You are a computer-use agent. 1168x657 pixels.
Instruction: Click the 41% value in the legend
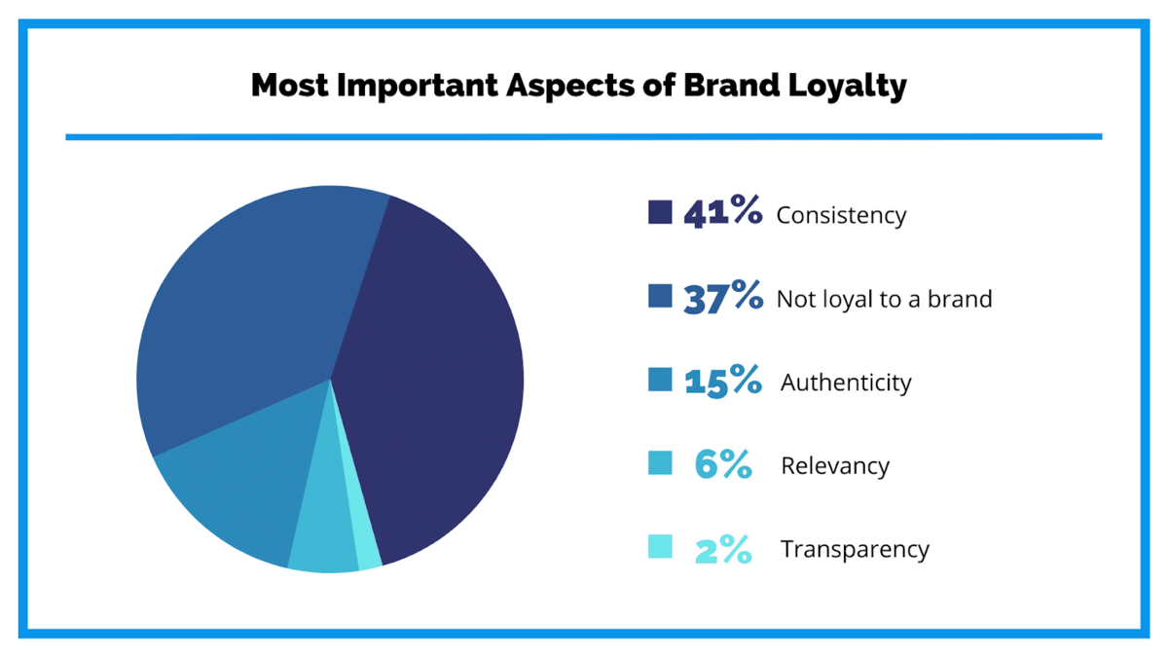(722, 212)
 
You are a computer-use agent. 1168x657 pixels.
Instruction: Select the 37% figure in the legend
(722, 297)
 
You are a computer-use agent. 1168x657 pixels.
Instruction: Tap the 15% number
(722, 381)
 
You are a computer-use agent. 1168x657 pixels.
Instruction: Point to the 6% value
(723, 465)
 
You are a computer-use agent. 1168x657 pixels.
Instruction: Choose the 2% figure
(723, 550)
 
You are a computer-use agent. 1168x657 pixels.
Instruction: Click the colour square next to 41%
(660, 212)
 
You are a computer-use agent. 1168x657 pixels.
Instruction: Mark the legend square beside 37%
(660, 296)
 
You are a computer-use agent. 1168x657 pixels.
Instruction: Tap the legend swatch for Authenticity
(660, 380)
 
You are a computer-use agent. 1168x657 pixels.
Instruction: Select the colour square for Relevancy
(660, 463)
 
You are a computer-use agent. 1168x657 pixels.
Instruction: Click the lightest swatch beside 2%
(660, 547)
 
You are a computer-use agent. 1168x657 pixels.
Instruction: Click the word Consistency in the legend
(841, 215)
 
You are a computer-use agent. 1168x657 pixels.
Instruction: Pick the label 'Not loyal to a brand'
(884, 299)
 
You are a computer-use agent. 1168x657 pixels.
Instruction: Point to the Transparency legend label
(855, 550)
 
